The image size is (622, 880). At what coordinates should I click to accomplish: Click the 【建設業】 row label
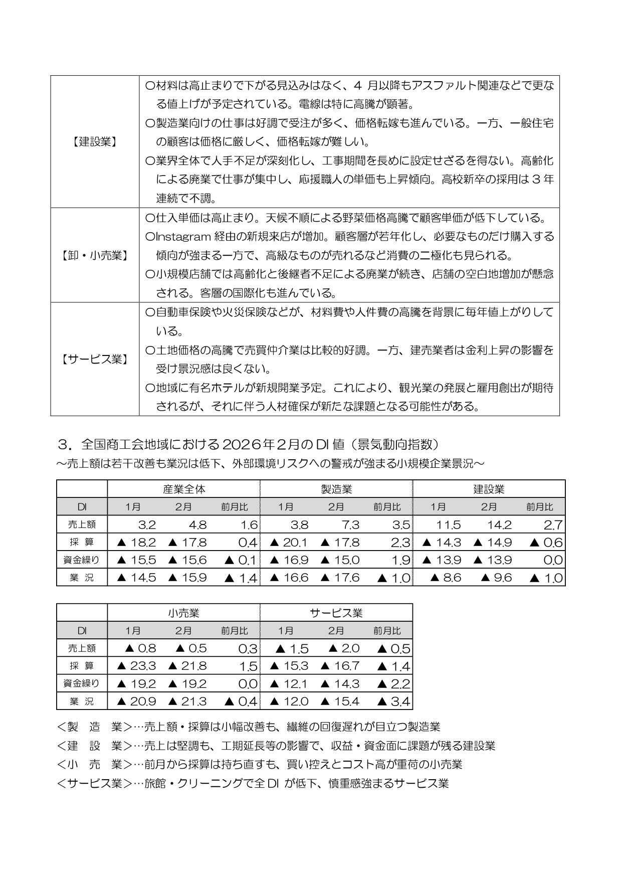pyautogui.click(x=95, y=142)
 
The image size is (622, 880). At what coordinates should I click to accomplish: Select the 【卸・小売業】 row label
pyautogui.click(x=95, y=255)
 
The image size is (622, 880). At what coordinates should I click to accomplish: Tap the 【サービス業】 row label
pyautogui.click(x=95, y=359)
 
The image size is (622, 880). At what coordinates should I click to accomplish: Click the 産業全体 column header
pyautogui.click(x=183, y=489)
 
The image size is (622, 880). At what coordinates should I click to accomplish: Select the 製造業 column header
pyautogui.click(x=336, y=489)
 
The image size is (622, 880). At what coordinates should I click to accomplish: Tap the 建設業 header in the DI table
pyautogui.click(x=489, y=489)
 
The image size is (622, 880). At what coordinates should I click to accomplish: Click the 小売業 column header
pyautogui.click(x=183, y=613)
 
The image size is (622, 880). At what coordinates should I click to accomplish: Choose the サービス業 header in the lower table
pyautogui.click(x=336, y=613)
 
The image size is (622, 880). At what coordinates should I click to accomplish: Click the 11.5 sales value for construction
pyautogui.click(x=448, y=525)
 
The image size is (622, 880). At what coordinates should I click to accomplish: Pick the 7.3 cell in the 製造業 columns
pyautogui.click(x=350, y=525)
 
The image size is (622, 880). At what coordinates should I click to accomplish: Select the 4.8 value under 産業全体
pyautogui.click(x=197, y=525)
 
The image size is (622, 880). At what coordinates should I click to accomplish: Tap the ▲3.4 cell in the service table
pyautogui.click(x=393, y=701)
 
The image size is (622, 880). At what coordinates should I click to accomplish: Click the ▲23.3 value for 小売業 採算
pyautogui.click(x=136, y=666)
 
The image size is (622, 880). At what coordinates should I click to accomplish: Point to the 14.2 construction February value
pyautogui.click(x=499, y=525)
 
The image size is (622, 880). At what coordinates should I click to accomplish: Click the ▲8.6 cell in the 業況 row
pyautogui.click(x=446, y=578)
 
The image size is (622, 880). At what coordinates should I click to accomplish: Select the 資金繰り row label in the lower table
pyautogui.click(x=81, y=683)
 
